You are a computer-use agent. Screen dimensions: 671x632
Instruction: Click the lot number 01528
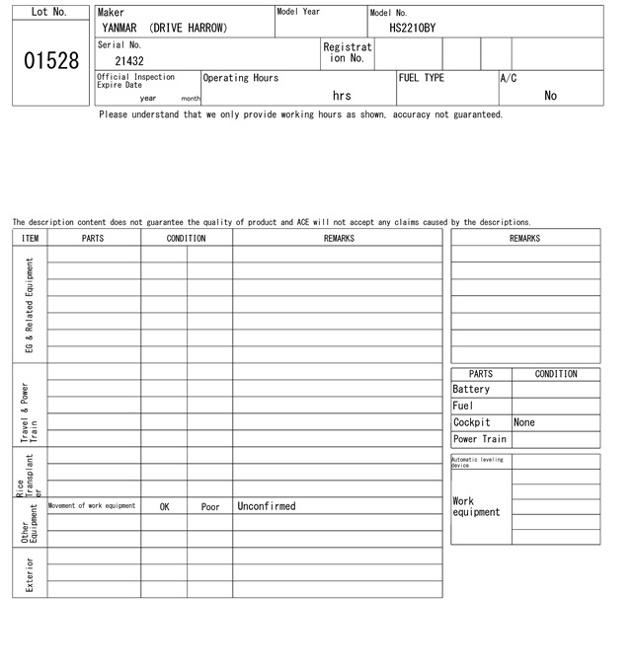pyautogui.click(x=50, y=61)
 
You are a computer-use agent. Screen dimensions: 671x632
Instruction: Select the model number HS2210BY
pyautogui.click(x=412, y=29)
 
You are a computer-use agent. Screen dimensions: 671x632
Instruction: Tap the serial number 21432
pyautogui.click(x=128, y=61)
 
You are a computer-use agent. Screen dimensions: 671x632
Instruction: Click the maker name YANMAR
pyautogui.click(x=119, y=29)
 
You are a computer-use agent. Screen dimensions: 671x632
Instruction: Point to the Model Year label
pyautogui.click(x=298, y=12)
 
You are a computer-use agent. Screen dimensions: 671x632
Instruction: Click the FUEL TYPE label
pyautogui.click(x=422, y=78)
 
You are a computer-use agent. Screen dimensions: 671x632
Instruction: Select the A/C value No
pyautogui.click(x=550, y=96)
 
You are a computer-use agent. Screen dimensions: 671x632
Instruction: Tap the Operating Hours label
pyautogui.click(x=241, y=78)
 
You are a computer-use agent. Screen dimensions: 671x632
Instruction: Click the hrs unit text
pyautogui.click(x=342, y=96)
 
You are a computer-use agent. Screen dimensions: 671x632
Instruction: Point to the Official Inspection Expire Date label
pyautogui.click(x=135, y=81)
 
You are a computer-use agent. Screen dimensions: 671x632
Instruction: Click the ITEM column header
pyautogui.click(x=30, y=238)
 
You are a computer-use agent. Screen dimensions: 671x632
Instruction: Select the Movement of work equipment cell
pyautogui.click(x=92, y=506)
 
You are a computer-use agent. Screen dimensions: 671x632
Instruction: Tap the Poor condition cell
pyautogui.click(x=210, y=507)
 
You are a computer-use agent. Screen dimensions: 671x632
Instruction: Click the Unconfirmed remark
pyautogui.click(x=267, y=506)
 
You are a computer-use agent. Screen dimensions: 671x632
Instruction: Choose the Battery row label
pyautogui.click(x=471, y=390)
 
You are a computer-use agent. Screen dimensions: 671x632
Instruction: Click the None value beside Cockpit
pyautogui.click(x=524, y=422)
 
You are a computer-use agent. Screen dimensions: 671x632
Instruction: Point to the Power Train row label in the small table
pyautogui.click(x=480, y=439)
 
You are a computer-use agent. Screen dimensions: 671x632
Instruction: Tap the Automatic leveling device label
pyautogui.click(x=478, y=462)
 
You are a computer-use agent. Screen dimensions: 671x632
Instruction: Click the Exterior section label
pyautogui.click(x=30, y=573)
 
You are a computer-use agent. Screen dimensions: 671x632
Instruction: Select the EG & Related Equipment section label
pyautogui.click(x=30, y=306)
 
